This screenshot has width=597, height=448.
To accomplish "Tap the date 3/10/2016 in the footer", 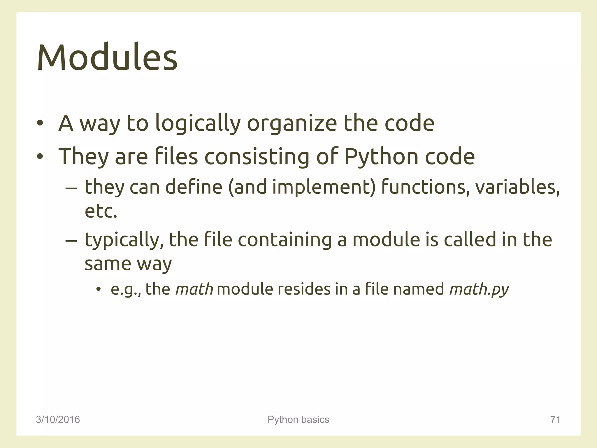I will click(x=58, y=419).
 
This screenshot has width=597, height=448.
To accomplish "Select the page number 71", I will click(x=555, y=420).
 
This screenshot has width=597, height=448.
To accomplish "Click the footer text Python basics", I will click(x=298, y=419).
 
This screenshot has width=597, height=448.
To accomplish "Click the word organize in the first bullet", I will click(x=292, y=124).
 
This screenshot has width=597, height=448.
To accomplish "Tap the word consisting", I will click(x=257, y=156).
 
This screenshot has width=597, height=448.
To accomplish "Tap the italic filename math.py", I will click(x=479, y=289).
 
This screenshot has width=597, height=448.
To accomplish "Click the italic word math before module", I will click(x=194, y=289).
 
